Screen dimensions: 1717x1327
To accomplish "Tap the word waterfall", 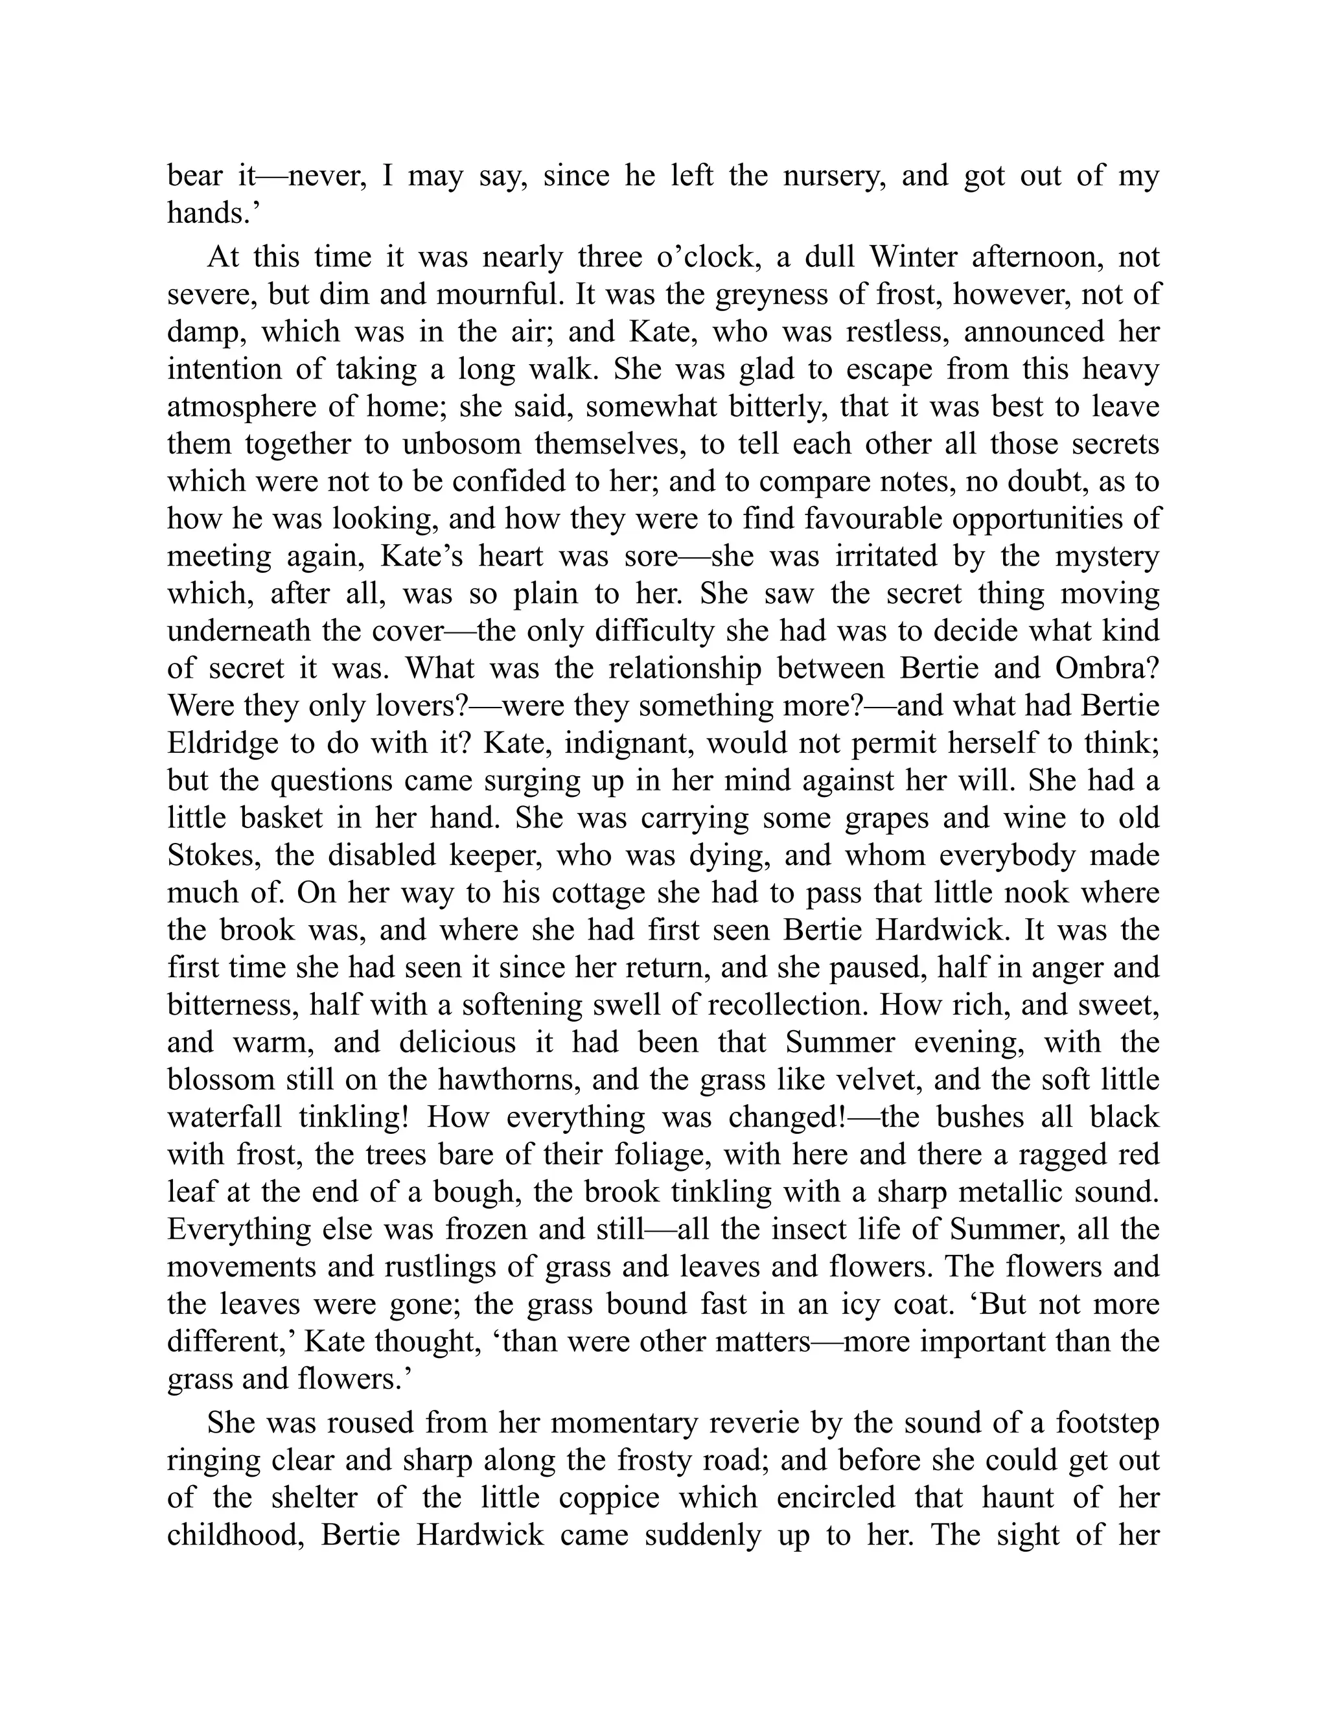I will tap(225, 1117).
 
